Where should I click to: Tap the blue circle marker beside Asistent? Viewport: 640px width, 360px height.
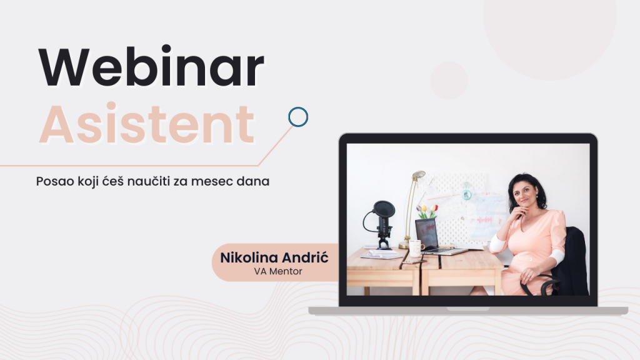[298, 117]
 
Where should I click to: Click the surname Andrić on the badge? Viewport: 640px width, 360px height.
[305, 257]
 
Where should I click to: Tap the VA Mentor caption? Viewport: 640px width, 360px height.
[278, 271]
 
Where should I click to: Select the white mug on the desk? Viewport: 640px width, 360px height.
[416, 248]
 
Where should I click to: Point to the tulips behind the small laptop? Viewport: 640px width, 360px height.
[427, 211]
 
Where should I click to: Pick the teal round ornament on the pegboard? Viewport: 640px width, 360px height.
[466, 194]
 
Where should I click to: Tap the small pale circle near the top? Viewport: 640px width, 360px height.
[449, 81]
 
